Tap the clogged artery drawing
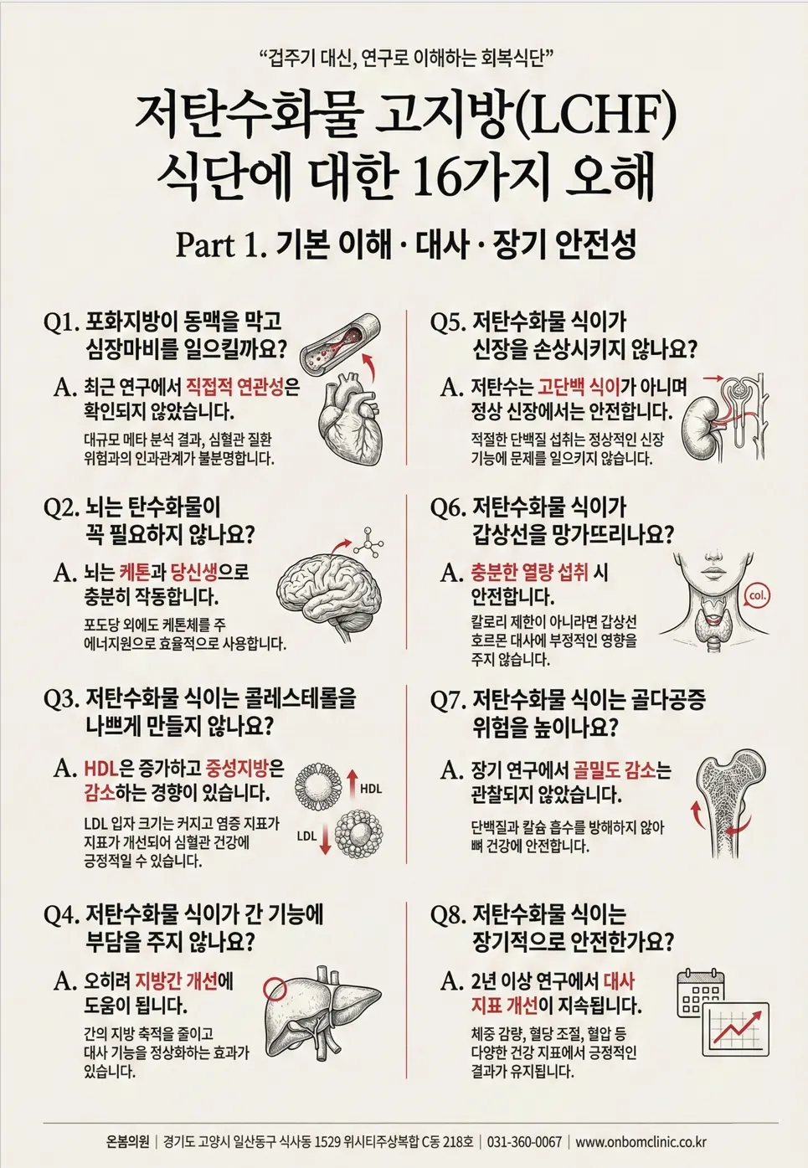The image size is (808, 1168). (343, 342)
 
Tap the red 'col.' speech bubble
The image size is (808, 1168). (755, 595)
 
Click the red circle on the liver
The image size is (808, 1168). (275, 986)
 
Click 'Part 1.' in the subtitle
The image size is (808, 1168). (221, 244)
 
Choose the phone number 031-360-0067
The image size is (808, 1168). (524, 1127)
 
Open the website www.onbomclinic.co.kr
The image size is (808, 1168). (641, 1127)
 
